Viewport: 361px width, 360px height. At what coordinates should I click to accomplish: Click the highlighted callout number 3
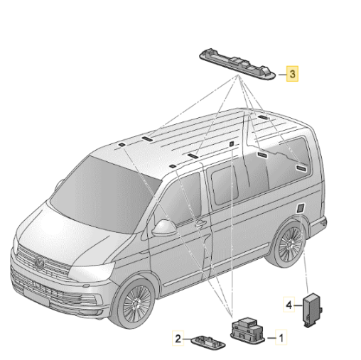pyautogui.click(x=292, y=74)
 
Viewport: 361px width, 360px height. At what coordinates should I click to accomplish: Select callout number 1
pyautogui.click(x=281, y=337)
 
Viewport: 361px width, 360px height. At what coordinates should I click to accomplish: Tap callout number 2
pyautogui.click(x=178, y=338)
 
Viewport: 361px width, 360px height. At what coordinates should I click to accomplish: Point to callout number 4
pyautogui.click(x=289, y=305)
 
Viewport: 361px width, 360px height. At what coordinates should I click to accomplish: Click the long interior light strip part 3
pyautogui.click(x=237, y=63)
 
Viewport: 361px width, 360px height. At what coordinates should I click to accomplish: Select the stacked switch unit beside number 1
pyautogui.click(x=247, y=329)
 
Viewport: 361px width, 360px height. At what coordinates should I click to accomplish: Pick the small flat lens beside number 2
pyautogui.click(x=208, y=342)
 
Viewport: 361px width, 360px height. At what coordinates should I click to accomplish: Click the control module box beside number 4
pyautogui.click(x=312, y=310)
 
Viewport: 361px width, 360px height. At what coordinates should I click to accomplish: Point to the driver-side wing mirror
pyautogui.click(x=163, y=228)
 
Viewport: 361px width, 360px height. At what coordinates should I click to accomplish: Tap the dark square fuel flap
pyautogui.click(x=300, y=207)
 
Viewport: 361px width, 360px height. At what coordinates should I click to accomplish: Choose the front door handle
pyautogui.click(x=200, y=223)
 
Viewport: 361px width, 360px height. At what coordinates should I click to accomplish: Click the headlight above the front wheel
pyautogui.click(x=92, y=271)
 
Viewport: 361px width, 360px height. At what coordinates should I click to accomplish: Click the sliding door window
pyautogui.click(x=225, y=185)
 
